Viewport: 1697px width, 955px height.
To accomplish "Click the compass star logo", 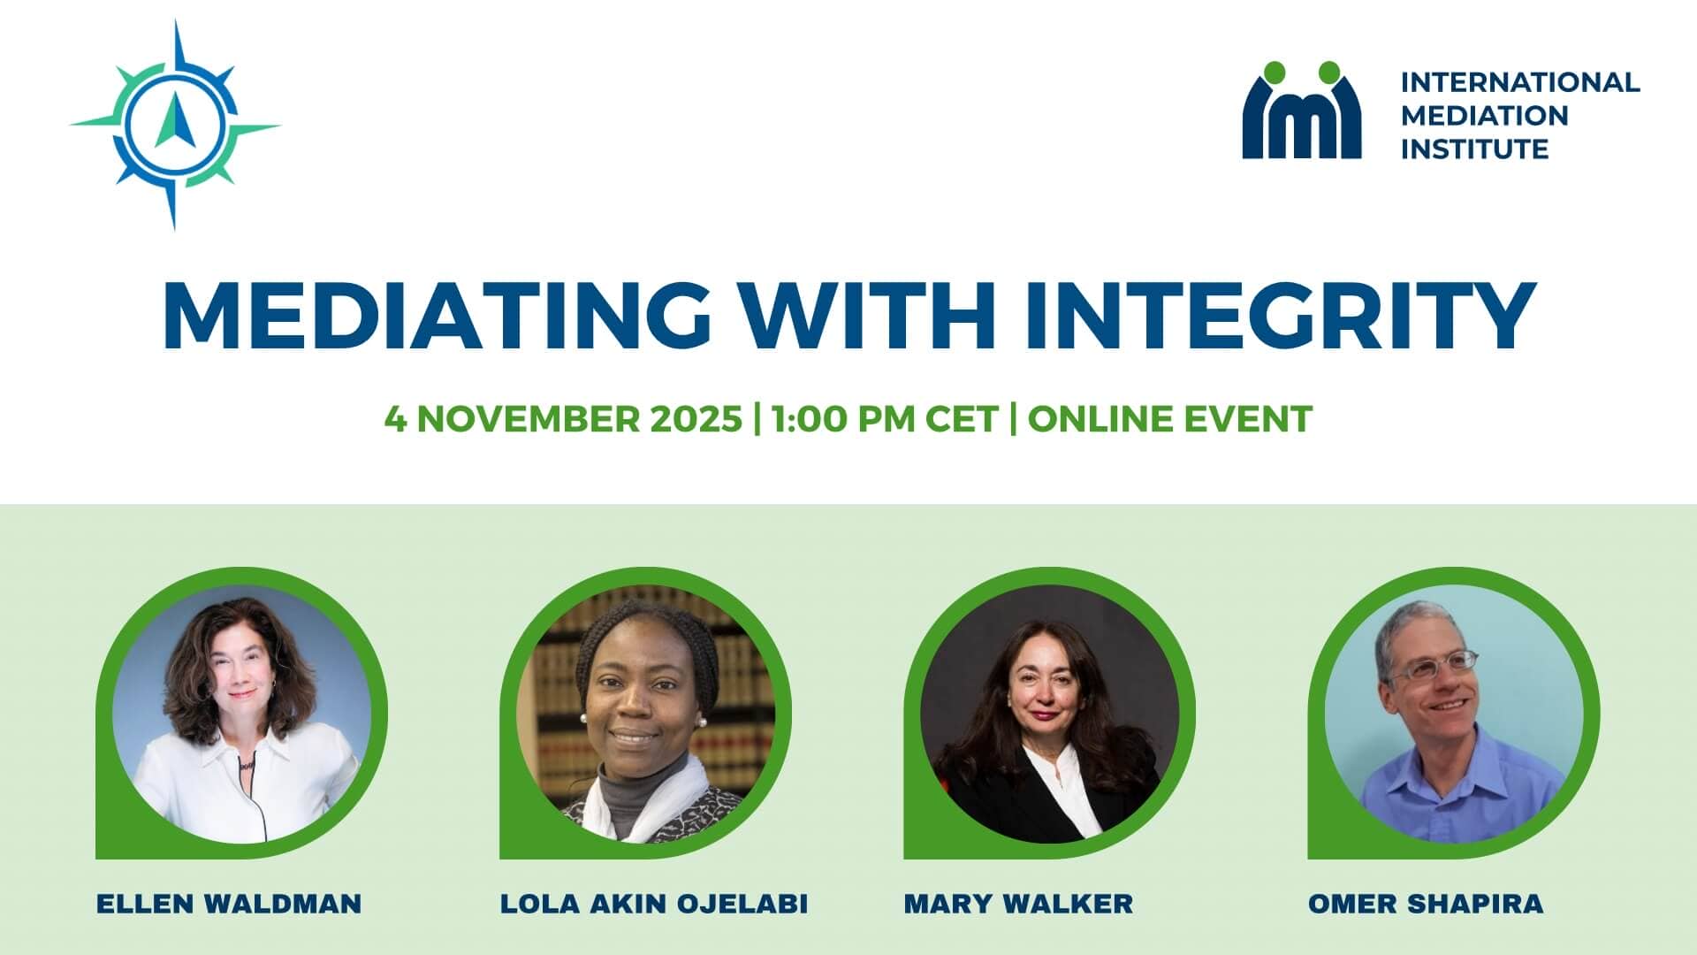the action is click(174, 125).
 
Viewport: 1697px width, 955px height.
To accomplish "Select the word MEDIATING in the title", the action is click(437, 316).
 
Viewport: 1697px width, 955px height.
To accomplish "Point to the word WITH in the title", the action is click(869, 316).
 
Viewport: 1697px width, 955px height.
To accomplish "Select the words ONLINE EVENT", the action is click(1169, 418).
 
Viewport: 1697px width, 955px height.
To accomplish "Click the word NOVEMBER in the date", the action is click(529, 418).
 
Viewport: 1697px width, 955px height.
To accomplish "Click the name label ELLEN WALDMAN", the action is click(229, 904).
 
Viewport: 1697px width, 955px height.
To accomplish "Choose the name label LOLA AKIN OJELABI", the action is click(654, 904).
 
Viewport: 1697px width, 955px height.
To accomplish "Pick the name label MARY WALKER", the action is click(1018, 904).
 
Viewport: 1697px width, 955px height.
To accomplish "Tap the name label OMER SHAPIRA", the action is click(1426, 904).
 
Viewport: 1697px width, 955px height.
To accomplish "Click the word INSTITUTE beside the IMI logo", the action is click(1474, 149).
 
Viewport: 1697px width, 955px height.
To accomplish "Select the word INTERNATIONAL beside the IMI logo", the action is click(1520, 82).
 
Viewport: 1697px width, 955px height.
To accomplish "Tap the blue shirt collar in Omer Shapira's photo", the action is click(1450, 752).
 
